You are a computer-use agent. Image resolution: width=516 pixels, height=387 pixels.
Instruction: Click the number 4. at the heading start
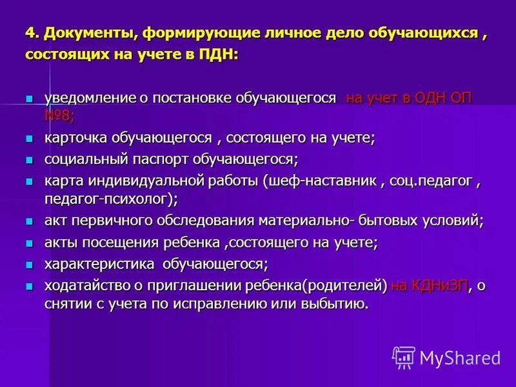(x=32, y=33)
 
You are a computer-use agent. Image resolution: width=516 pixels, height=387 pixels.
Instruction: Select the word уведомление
(x=87, y=98)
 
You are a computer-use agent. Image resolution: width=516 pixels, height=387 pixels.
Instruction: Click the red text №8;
(x=59, y=115)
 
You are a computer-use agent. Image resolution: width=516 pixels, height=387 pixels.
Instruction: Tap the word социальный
(x=81, y=159)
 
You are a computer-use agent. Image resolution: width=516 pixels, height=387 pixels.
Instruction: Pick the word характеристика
(x=99, y=264)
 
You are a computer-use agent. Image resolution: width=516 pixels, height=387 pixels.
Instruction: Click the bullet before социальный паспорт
(x=28, y=159)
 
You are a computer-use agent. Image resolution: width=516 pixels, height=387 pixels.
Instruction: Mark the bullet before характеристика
(x=28, y=264)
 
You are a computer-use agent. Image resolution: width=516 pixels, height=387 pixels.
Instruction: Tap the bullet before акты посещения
(x=28, y=243)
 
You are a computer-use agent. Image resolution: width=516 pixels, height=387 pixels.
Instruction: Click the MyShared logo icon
(x=404, y=357)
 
